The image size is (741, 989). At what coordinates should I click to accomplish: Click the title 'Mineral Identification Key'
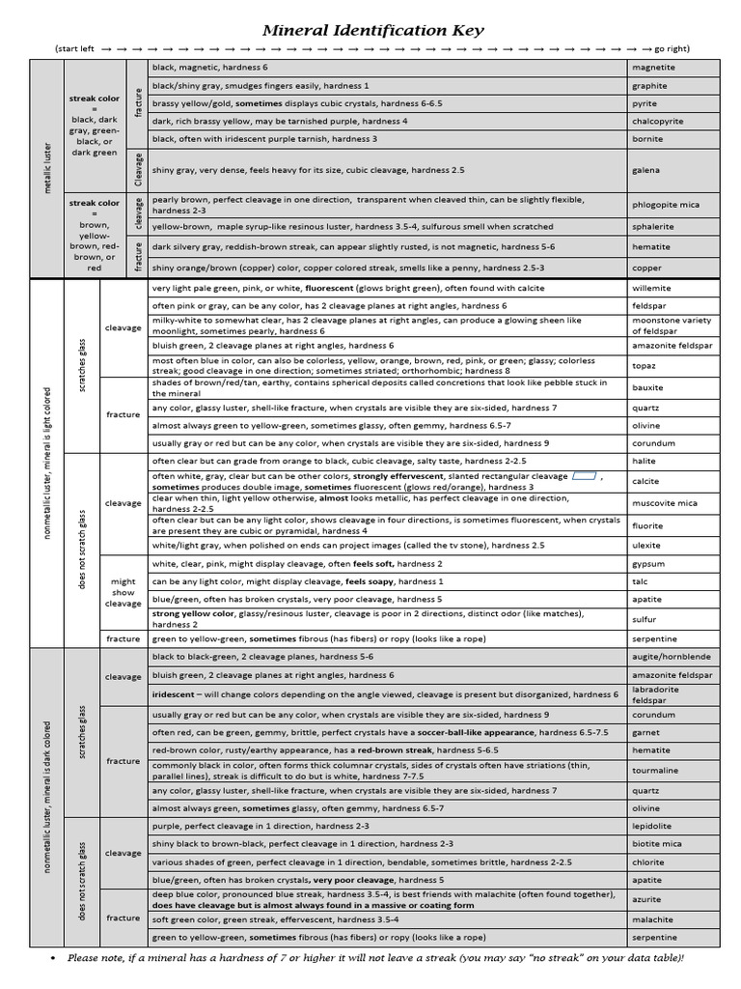[373, 31]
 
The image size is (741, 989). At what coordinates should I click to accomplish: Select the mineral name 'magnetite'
[653, 68]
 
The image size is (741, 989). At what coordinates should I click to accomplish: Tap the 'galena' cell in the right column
[645, 170]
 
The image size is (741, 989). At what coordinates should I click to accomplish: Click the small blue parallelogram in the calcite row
[584, 476]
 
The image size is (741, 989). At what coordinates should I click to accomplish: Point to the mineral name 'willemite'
[652, 288]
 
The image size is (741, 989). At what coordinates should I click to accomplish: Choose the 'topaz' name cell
[644, 366]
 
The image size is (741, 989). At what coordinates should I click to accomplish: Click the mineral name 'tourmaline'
[656, 771]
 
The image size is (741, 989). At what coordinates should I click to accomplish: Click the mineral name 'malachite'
[652, 919]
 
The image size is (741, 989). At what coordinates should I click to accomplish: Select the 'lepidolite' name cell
[652, 827]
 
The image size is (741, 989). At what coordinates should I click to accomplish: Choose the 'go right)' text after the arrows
[672, 48]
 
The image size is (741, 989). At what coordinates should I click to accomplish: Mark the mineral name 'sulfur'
[644, 619]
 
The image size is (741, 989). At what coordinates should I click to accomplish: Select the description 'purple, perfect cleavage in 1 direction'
[261, 827]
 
